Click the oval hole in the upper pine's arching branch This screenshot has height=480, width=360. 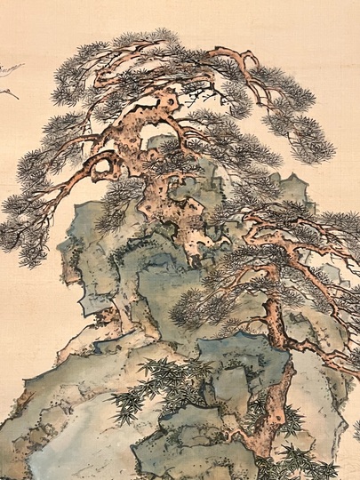[x=105, y=164]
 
